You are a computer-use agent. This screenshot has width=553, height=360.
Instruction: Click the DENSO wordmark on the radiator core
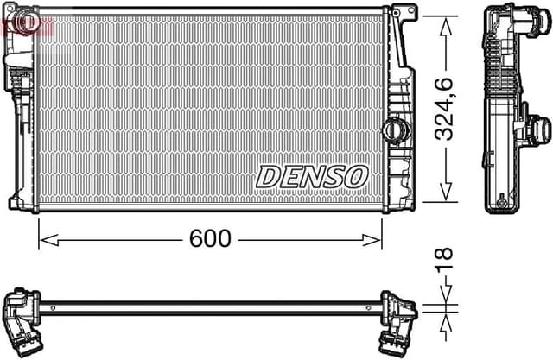tap(312, 175)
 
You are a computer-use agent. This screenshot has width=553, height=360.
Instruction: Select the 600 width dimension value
tap(210, 239)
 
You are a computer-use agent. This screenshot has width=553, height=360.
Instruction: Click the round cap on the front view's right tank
tap(392, 129)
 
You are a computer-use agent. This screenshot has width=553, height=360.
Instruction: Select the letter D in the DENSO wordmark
tap(268, 175)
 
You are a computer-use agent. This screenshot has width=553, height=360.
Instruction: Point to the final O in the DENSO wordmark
tap(356, 175)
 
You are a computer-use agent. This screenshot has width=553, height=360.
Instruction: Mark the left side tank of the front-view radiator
tap(21, 112)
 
